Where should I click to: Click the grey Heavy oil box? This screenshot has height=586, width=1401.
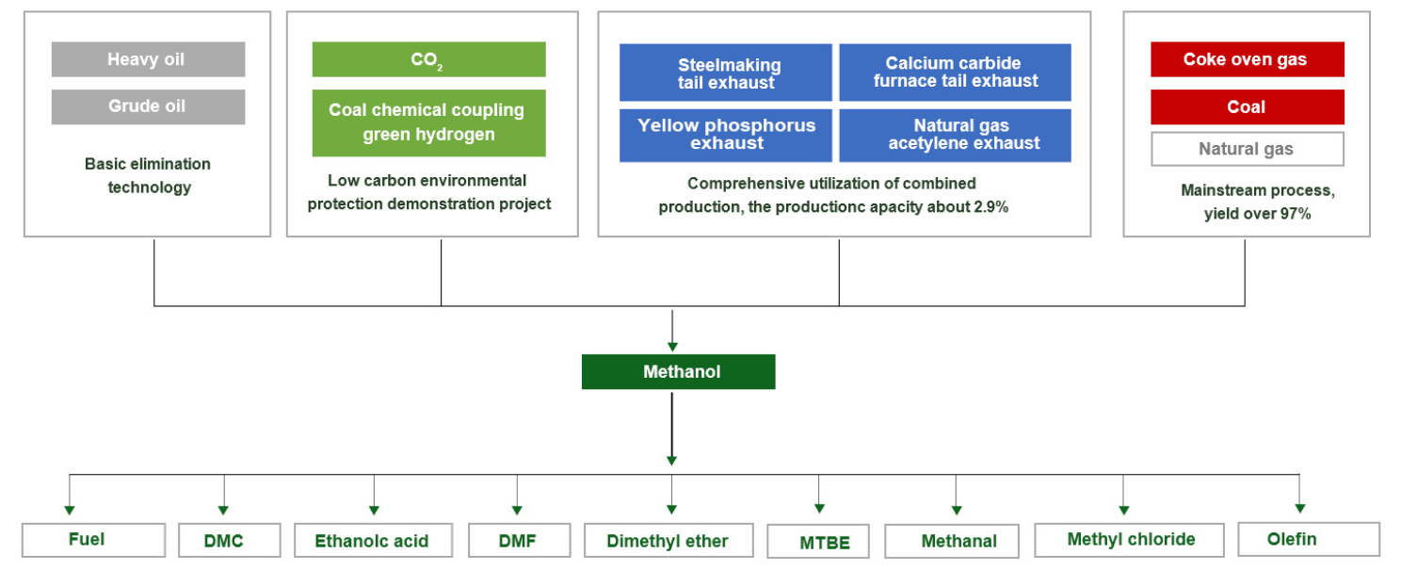tap(148, 59)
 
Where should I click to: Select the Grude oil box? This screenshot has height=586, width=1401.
tap(148, 106)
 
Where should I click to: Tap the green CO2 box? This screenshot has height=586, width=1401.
tap(429, 59)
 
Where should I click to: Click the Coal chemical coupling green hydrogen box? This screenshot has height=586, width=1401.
tap(429, 122)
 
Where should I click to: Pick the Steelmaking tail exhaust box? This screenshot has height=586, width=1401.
tap(726, 73)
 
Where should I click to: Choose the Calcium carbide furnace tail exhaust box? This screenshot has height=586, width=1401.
tap(955, 73)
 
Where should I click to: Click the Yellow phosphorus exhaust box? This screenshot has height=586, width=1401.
tap(726, 136)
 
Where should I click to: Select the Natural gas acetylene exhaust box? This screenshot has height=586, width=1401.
tap(955, 136)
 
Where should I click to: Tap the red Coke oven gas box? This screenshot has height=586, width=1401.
tap(1248, 59)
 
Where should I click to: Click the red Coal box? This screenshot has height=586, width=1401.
tap(1248, 107)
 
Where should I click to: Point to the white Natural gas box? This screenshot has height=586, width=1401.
tap(1248, 149)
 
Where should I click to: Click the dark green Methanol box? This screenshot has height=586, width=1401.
tap(679, 372)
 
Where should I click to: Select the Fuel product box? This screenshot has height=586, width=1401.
tap(94, 540)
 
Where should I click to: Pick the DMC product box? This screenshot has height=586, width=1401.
tap(230, 540)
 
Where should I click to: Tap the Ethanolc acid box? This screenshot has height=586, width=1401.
tap(374, 540)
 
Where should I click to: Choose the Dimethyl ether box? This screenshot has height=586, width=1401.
tap(668, 540)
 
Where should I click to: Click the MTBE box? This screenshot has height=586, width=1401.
tap(818, 542)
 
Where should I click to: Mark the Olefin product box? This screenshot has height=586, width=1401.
tap(1309, 540)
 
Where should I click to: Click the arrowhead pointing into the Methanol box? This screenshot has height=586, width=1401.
tap(672, 347)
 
